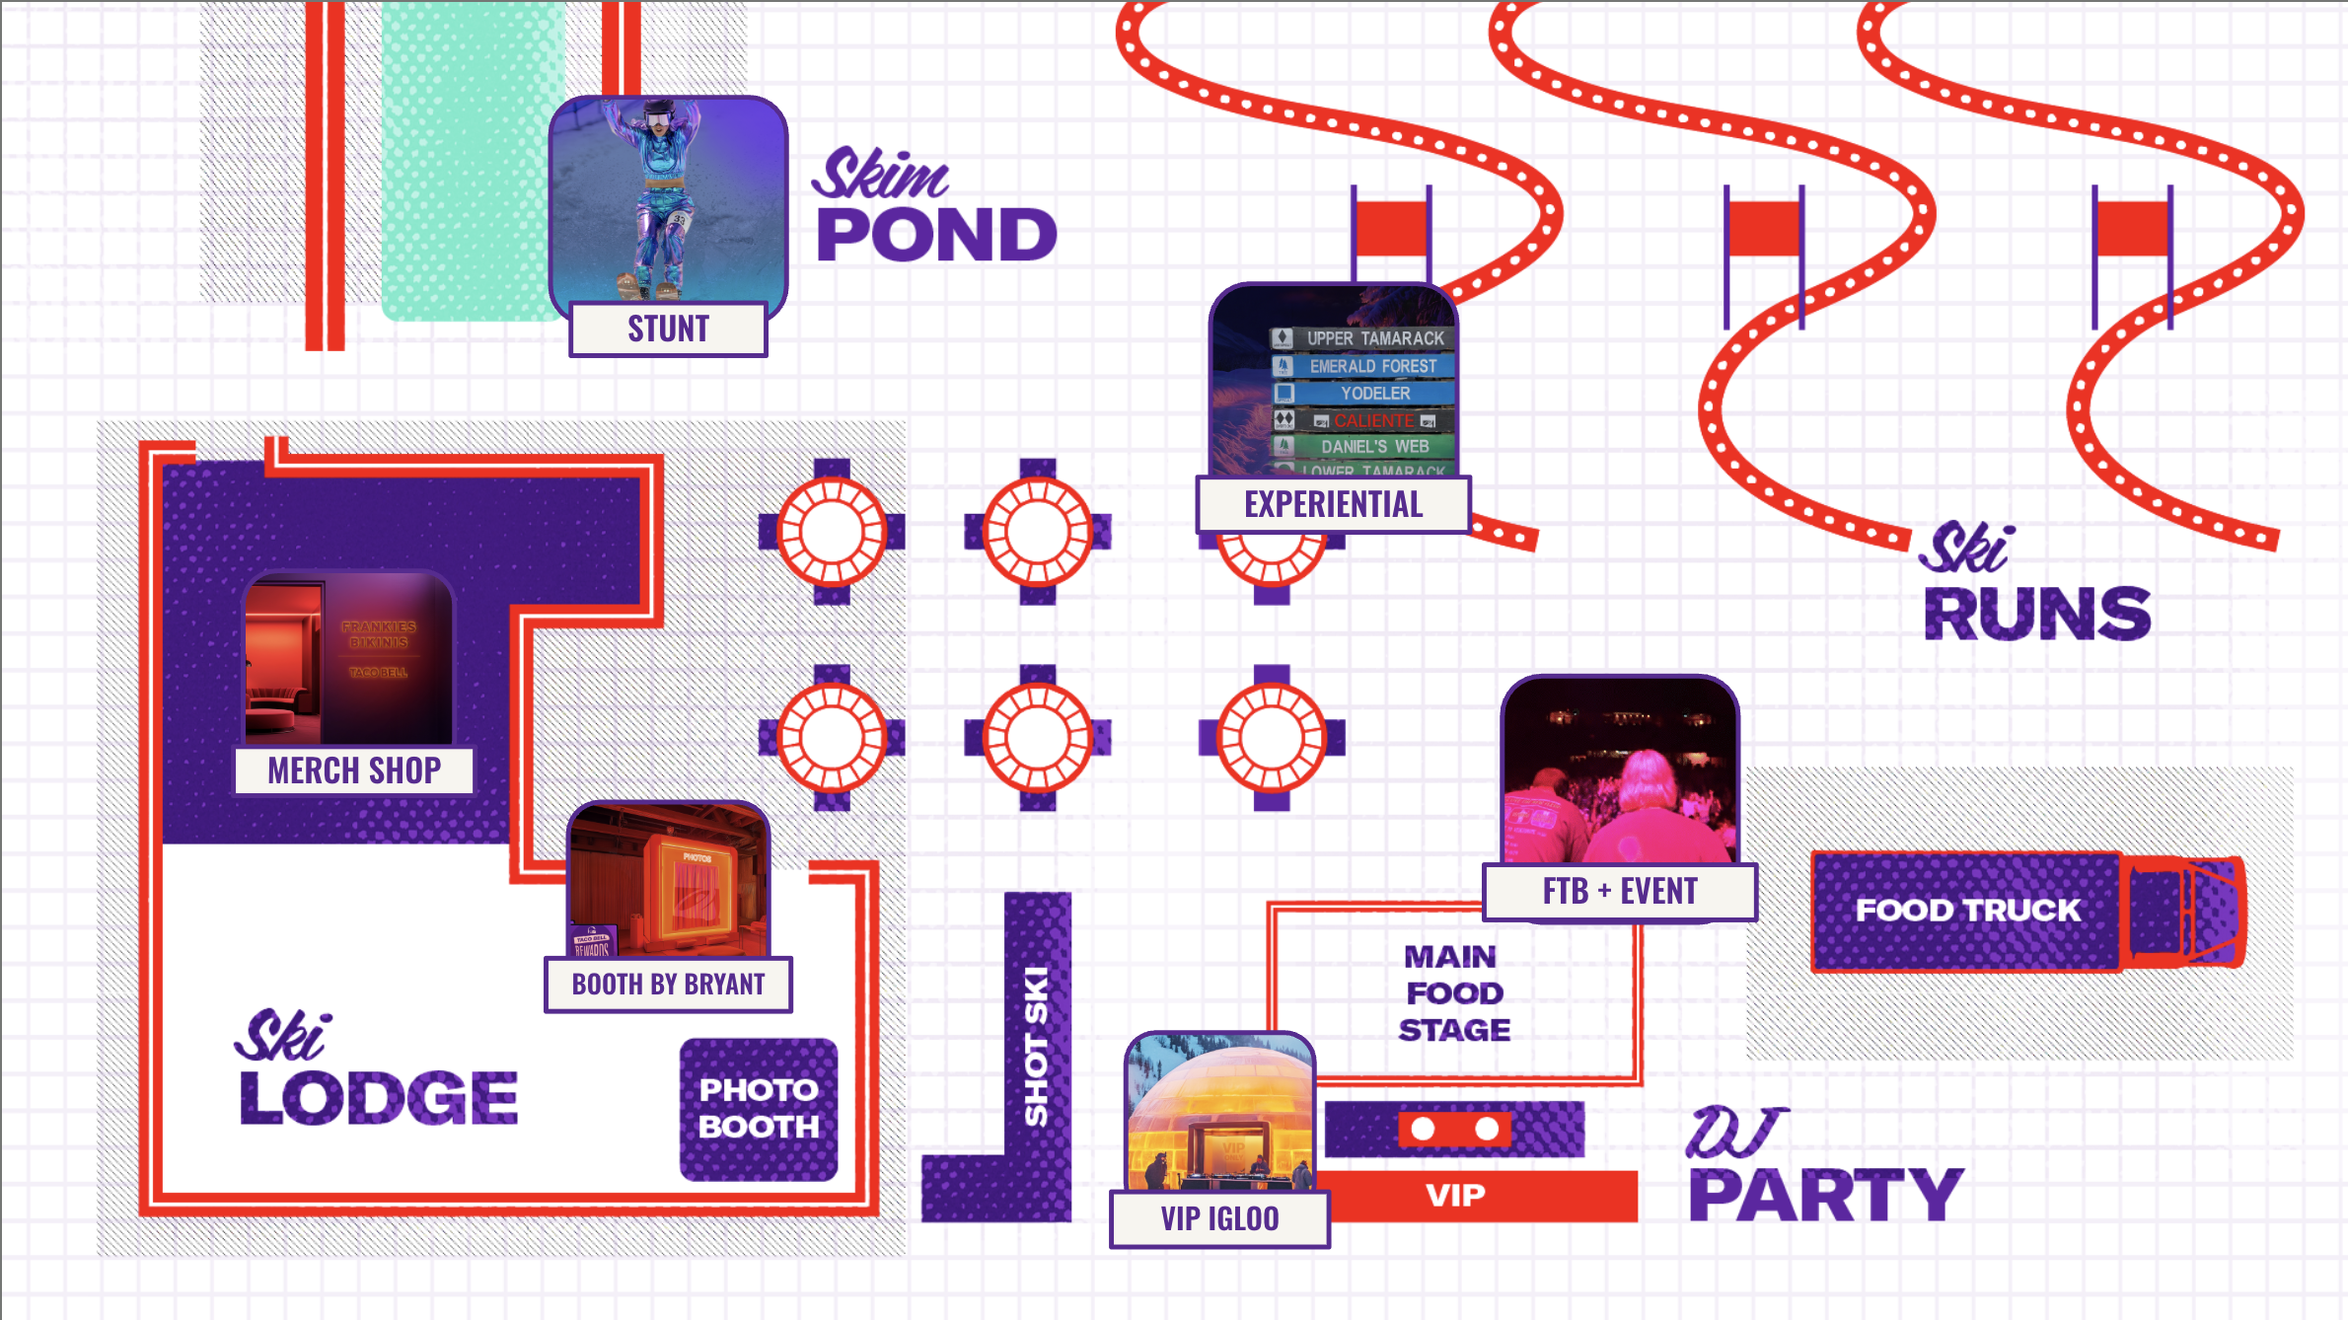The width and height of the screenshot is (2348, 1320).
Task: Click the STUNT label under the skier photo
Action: coord(668,329)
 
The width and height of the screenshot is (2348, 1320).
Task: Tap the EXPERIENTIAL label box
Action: coord(1333,504)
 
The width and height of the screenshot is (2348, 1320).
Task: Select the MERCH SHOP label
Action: coord(354,770)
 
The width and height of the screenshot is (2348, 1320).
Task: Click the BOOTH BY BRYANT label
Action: coord(668,985)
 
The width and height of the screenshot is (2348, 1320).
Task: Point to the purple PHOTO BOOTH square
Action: coord(759,1109)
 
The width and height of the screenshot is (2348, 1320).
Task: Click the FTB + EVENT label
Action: coord(1620,892)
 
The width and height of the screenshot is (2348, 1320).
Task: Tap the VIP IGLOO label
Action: coord(1219,1219)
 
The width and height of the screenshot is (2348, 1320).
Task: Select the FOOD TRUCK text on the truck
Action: coord(1968,910)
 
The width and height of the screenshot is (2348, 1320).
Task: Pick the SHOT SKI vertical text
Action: coord(1036,1046)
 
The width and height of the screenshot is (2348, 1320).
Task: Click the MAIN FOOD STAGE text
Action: coord(1453,993)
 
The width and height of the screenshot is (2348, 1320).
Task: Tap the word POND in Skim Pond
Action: coord(936,235)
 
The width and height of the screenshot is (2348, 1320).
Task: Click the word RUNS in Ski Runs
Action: coord(2037,614)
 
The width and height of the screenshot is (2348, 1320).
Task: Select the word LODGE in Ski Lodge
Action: coord(379,1097)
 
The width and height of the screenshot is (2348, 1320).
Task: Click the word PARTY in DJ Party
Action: coord(1826,1195)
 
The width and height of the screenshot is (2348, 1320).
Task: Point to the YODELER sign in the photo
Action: coord(1374,394)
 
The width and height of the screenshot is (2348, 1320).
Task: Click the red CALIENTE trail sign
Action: coord(1373,420)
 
